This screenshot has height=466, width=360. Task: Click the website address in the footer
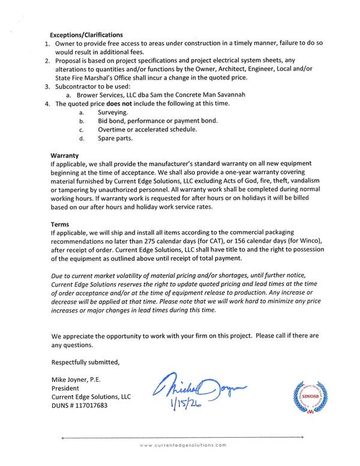click(183, 445)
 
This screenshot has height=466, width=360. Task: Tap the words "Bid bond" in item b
click(112, 121)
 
